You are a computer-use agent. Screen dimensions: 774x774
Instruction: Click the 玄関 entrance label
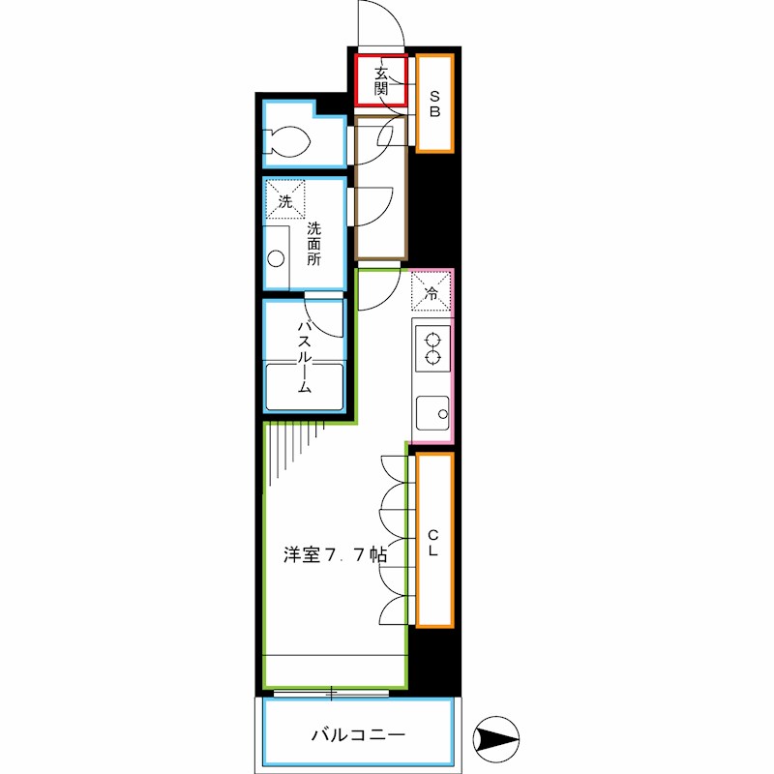[380, 81]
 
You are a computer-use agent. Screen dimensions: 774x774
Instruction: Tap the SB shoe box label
[435, 104]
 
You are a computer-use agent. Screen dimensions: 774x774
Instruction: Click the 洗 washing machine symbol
[285, 201]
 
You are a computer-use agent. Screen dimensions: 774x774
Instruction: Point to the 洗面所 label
[314, 245]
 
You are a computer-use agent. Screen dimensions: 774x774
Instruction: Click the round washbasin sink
[277, 259]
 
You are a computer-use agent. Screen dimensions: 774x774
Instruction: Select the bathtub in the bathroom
[304, 387]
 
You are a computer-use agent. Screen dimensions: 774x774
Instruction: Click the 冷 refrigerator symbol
[432, 292]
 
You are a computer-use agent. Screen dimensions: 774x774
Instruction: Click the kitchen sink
[432, 415]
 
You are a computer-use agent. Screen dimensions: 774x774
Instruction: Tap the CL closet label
[434, 542]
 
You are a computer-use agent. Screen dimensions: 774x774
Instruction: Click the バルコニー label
[358, 735]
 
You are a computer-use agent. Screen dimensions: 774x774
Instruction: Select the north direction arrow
[497, 741]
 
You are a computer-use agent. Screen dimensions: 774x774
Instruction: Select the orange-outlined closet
[434, 539]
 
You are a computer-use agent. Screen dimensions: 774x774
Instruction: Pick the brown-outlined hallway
[379, 189]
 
